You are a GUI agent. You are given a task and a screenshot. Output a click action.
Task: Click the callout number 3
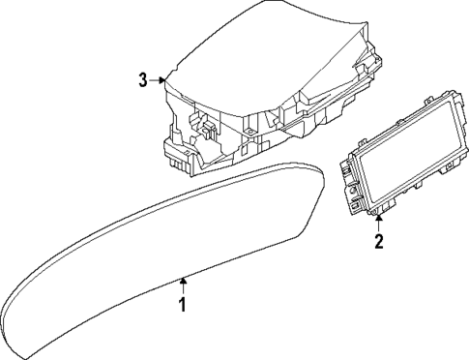point(142,80)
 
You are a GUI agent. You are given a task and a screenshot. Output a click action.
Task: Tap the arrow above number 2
point(379,224)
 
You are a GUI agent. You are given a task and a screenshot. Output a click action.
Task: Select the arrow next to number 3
point(159,80)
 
